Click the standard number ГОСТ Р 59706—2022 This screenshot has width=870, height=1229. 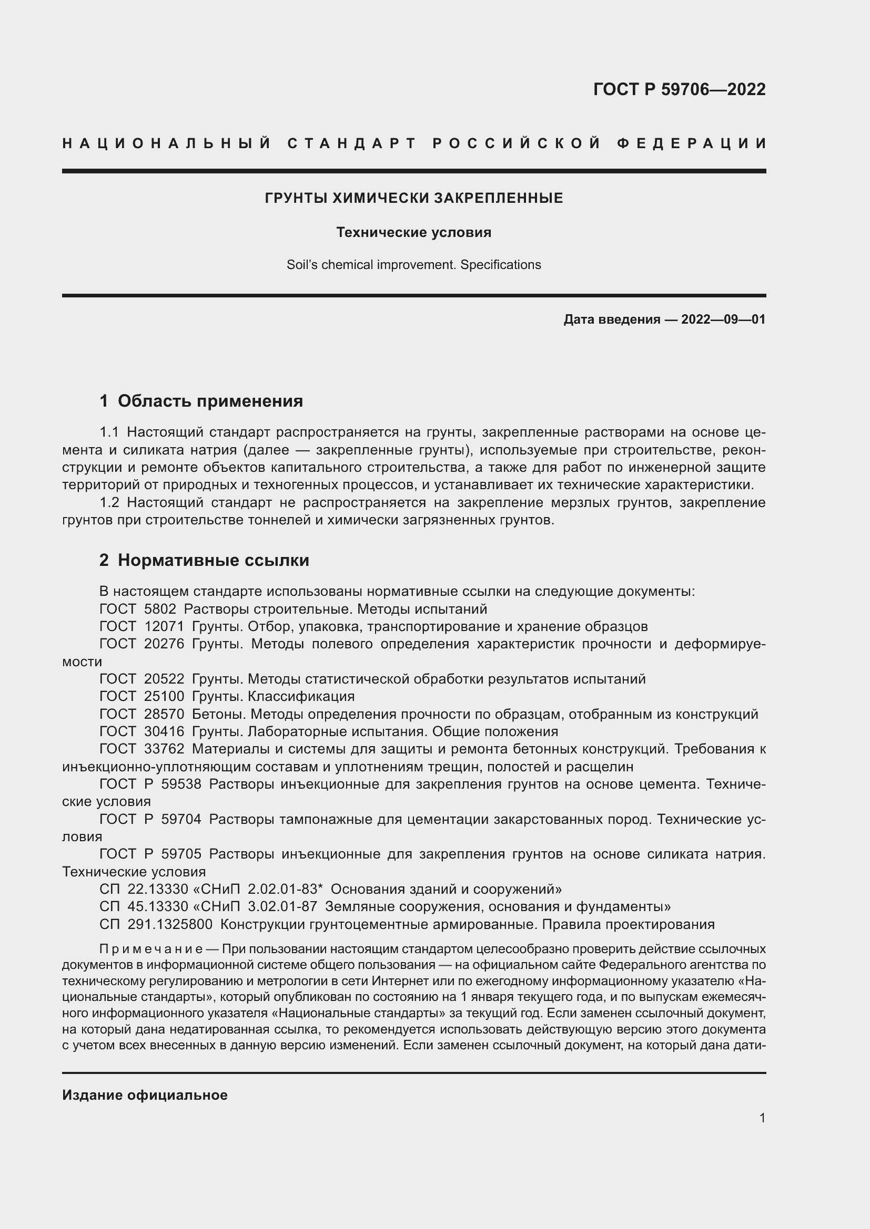click(679, 89)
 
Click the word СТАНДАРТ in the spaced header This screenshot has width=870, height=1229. click(352, 143)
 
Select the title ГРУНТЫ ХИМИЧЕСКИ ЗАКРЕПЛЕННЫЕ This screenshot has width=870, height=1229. click(413, 199)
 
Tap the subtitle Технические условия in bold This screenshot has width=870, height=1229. click(413, 232)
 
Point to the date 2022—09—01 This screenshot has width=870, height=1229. click(723, 320)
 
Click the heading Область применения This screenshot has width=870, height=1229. click(210, 401)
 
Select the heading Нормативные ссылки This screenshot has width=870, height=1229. click(213, 561)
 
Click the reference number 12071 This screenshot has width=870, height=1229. click(164, 626)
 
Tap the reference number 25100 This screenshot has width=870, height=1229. click(164, 696)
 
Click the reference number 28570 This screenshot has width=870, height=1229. click(164, 714)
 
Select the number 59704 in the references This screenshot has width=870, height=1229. click(180, 820)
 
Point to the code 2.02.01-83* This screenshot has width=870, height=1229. click(285, 890)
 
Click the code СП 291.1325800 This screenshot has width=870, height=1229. click(156, 924)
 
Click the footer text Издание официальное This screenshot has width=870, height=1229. click(145, 1095)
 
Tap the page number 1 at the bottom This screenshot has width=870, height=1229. click(762, 1118)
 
